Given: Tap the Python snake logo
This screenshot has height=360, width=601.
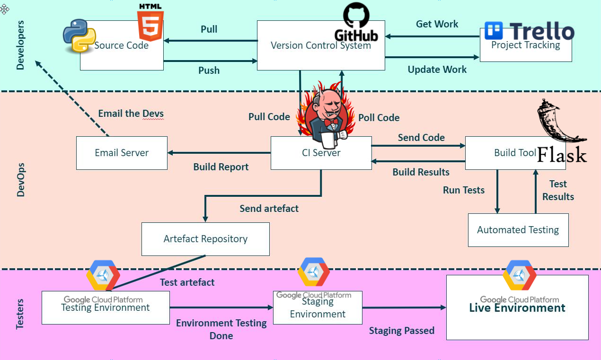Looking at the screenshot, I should coord(79,36).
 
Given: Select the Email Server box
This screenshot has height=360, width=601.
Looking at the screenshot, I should coord(122,153).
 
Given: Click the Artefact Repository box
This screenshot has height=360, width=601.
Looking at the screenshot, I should coord(205,239).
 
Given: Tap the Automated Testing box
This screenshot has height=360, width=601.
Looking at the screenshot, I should coord(518,230).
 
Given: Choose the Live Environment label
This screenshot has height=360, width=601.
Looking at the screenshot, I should coord(517,308).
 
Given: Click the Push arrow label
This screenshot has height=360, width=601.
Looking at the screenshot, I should coord(209,70).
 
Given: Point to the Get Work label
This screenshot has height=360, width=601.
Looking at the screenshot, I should coord(437,24).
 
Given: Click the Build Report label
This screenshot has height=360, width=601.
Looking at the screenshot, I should coord(221,167).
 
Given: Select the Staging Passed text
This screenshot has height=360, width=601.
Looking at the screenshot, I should coord(401,331).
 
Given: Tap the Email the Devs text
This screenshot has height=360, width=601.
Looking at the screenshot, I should coord(131,114).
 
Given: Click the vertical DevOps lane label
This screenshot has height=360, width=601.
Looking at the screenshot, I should coord(20,180).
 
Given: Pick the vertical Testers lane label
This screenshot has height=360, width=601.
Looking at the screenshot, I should coord(20,314).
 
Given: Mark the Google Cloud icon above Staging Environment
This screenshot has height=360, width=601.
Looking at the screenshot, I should coord(313,273).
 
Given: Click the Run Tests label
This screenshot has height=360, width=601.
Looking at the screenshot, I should coord(463,190).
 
